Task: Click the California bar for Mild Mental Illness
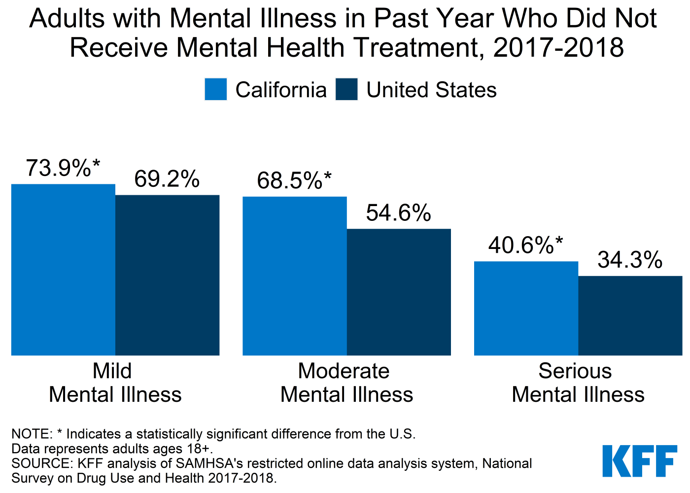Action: tap(63, 270)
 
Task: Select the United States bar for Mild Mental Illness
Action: tap(167, 275)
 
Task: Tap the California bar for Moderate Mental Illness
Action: tap(295, 276)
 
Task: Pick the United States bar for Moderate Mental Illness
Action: tap(399, 292)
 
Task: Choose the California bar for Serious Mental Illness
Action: tap(526, 308)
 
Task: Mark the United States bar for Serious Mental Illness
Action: tap(630, 316)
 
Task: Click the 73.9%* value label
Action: tap(63, 169)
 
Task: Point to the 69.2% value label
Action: tap(167, 179)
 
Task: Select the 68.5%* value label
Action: tap(294, 181)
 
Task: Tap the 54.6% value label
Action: tap(398, 213)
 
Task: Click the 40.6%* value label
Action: tap(525, 246)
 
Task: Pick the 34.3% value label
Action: tap(630, 260)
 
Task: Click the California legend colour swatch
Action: tap(216, 90)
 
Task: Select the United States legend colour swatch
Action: tap(346, 90)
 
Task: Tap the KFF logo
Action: tap(640, 461)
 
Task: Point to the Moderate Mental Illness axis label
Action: tap(346, 383)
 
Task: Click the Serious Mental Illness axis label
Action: tap(578, 383)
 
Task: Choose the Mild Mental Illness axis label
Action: tap(115, 383)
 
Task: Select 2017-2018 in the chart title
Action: tap(558, 48)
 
